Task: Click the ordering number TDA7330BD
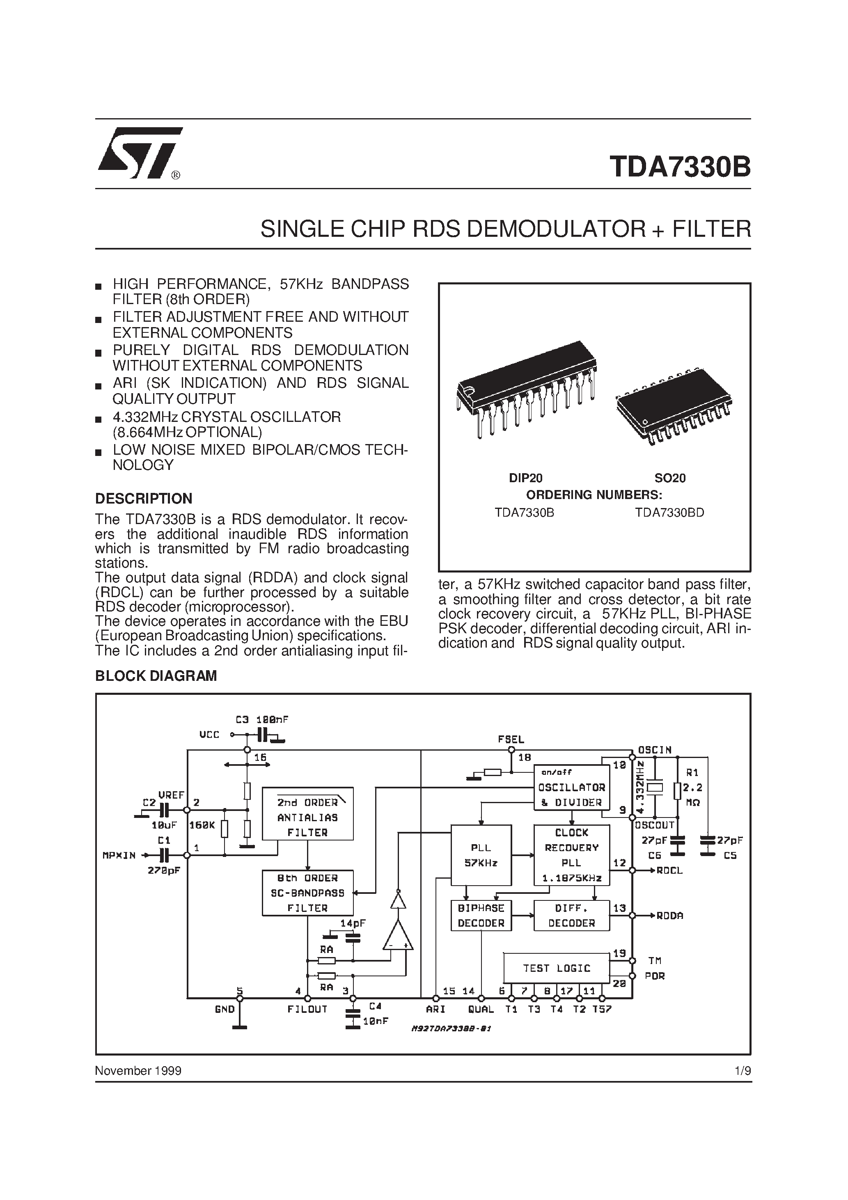[x=670, y=513]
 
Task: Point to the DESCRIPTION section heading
[x=144, y=498]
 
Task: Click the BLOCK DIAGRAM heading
[x=156, y=676]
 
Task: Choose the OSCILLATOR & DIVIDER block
[x=571, y=788]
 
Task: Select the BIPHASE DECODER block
[x=481, y=916]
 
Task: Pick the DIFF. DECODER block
[x=571, y=916]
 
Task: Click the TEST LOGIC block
[x=556, y=968]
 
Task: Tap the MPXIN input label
[x=119, y=856]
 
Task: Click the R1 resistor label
[x=692, y=772]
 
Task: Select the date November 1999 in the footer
[x=138, y=1071]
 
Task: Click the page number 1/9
[x=743, y=1071]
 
